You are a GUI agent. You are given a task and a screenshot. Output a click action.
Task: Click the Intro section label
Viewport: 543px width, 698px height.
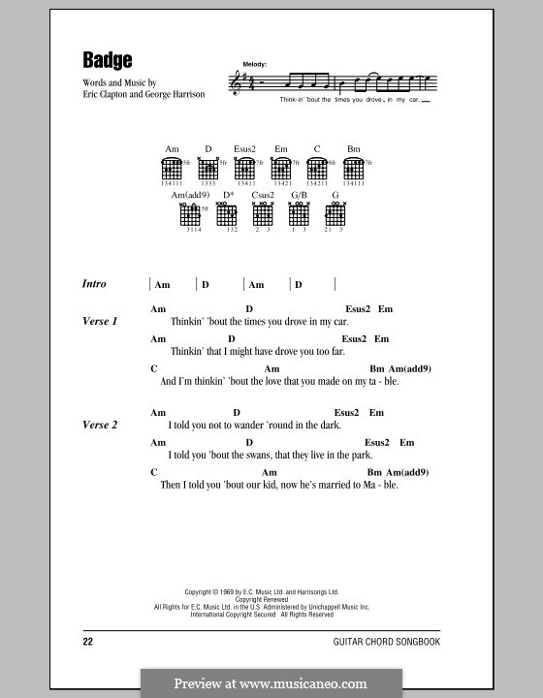pos(95,284)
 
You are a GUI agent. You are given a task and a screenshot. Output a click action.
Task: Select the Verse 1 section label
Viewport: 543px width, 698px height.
pos(101,320)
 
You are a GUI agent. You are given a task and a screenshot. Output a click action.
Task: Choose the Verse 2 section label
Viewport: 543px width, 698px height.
pos(101,425)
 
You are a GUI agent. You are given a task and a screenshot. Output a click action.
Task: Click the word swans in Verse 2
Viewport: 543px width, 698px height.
pos(256,454)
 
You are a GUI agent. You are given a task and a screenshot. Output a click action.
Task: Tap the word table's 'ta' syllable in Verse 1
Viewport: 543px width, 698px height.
pos(368,381)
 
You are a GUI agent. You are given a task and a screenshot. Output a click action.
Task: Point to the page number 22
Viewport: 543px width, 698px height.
pos(89,642)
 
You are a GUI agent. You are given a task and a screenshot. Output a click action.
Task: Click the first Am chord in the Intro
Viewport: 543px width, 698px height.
pos(163,285)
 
